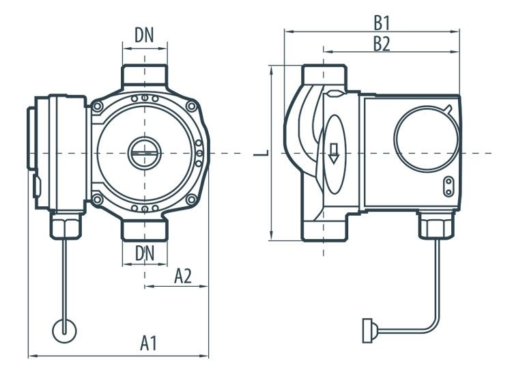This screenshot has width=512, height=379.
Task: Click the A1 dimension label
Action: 149,343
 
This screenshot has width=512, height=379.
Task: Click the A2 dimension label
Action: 182,276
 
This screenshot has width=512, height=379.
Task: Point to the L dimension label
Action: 261,153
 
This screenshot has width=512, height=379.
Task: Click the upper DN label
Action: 144,36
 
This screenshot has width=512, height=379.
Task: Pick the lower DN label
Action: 144,253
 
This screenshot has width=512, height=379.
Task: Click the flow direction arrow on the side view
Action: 334,152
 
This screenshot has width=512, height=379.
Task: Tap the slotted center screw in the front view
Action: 144,152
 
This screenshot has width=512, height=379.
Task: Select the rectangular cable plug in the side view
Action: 367,331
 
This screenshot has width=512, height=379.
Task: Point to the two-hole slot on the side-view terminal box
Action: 449,186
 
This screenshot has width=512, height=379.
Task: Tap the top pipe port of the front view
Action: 144,74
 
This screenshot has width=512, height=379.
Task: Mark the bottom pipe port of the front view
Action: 144,230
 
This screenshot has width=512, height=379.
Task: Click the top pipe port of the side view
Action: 324,75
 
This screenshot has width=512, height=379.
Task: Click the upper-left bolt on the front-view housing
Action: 98,107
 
